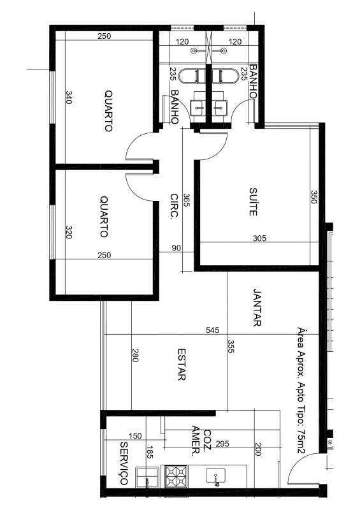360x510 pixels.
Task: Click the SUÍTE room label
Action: click(x=254, y=202)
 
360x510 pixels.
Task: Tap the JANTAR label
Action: click(x=257, y=307)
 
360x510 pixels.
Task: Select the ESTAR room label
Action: click(x=182, y=364)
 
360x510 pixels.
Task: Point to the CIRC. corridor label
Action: click(x=175, y=207)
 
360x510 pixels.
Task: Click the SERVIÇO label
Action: click(x=124, y=463)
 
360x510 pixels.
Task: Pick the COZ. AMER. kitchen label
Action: click(x=201, y=441)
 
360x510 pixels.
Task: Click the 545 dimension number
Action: click(x=213, y=330)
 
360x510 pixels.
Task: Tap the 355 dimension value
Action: click(x=231, y=346)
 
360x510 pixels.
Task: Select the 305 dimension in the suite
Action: click(x=259, y=238)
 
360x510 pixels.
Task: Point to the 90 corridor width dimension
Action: click(x=176, y=248)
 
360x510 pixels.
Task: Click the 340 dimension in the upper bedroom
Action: click(x=69, y=98)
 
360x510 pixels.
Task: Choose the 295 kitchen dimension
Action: click(x=222, y=444)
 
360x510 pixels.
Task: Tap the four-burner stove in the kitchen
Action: click(x=176, y=476)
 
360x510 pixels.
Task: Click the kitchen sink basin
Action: click(x=216, y=476)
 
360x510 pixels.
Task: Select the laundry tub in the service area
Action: click(x=147, y=477)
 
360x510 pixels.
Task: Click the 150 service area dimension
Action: click(x=135, y=435)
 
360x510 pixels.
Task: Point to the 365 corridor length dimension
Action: click(x=187, y=200)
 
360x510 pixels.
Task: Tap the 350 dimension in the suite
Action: click(x=313, y=197)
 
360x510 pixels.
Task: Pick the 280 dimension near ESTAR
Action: click(x=135, y=355)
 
